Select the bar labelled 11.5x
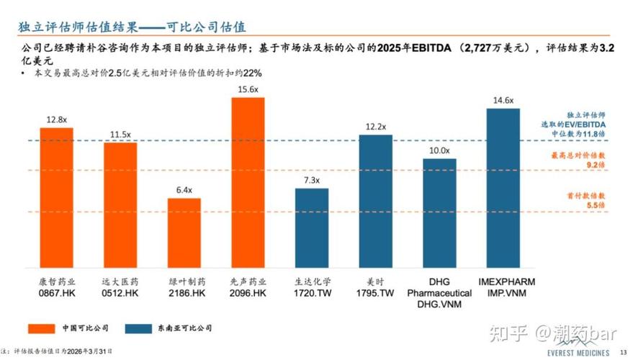coord(120,205)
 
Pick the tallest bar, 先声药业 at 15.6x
coord(248,183)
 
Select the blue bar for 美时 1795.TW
coord(375,201)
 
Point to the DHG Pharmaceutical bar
coord(439,213)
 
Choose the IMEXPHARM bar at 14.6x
coord(503,188)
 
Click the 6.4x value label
coord(184,190)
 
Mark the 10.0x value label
coord(439,150)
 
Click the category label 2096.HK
coord(248,294)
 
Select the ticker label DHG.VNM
coord(439,305)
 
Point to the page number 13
coord(623,351)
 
